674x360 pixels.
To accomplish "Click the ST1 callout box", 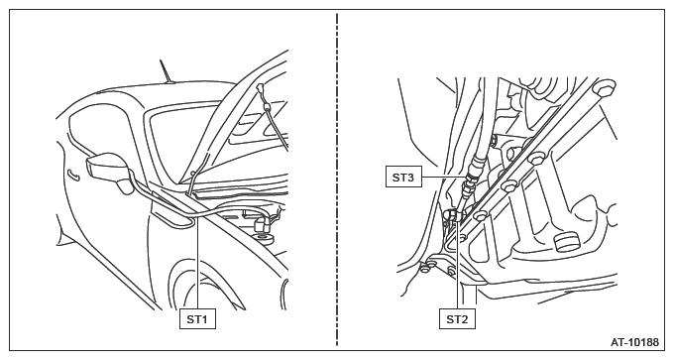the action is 197,318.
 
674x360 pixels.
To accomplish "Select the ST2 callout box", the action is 457,318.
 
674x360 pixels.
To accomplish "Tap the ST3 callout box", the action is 403,178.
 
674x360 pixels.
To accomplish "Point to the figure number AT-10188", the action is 634,342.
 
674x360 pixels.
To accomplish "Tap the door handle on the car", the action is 73,175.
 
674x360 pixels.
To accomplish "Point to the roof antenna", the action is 166,71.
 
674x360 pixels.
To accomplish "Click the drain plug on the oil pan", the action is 567,242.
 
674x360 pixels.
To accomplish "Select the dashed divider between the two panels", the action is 337,180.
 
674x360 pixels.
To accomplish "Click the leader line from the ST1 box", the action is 197,263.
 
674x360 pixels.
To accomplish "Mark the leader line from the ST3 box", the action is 444,177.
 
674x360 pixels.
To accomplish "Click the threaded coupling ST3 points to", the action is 472,172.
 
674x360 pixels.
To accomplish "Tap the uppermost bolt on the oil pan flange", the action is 604,87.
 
